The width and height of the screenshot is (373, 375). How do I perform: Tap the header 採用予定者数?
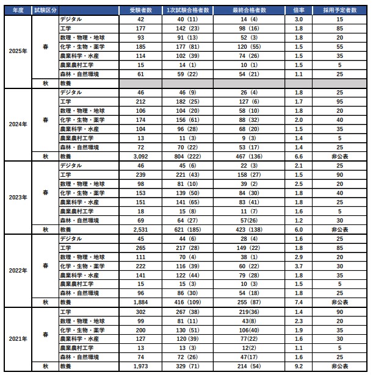(x=342, y=11)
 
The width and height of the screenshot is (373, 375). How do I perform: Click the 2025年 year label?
(x=18, y=51)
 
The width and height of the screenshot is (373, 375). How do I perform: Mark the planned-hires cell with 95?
(x=341, y=101)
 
